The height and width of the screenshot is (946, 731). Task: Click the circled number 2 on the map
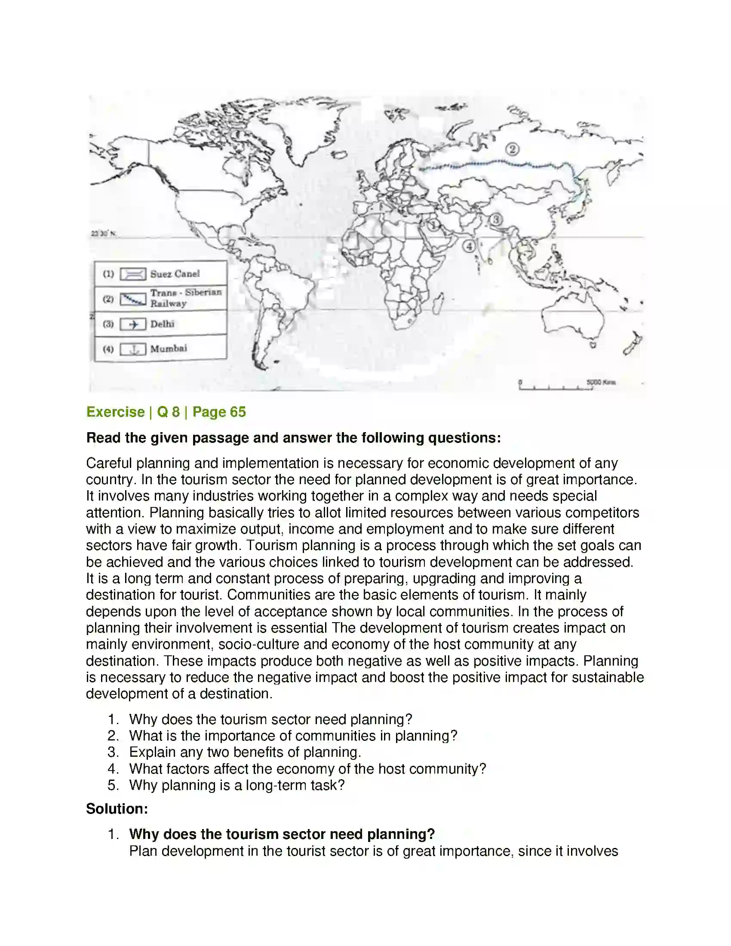coord(512,150)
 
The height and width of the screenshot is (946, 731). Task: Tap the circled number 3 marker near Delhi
coord(496,220)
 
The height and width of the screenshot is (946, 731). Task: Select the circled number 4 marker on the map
coord(469,246)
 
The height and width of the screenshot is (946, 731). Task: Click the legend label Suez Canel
coord(175,274)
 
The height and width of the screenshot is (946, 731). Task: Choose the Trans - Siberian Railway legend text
coord(186,298)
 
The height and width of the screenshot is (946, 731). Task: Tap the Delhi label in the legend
coord(163,324)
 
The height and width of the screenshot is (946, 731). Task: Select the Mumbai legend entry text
coord(169,349)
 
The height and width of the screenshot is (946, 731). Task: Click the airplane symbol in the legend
coord(133,324)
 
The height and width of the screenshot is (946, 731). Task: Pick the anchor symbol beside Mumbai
coord(133,349)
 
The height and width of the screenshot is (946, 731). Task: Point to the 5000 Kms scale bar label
coord(601,382)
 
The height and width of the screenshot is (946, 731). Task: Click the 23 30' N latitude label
coord(103,234)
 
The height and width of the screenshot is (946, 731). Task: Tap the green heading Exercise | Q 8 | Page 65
coord(166,412)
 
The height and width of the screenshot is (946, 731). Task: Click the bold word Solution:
coord(117,809)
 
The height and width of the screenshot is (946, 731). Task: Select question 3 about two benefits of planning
coord(245,752)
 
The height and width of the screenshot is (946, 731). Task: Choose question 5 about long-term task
coord(236,785)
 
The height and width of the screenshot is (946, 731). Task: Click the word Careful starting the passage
coord(109,463)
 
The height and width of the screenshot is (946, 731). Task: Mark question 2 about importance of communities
coord(293,735)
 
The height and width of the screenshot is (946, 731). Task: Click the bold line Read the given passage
coord(293,437)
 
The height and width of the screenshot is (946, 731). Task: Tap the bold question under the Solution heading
coord(282,834)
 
